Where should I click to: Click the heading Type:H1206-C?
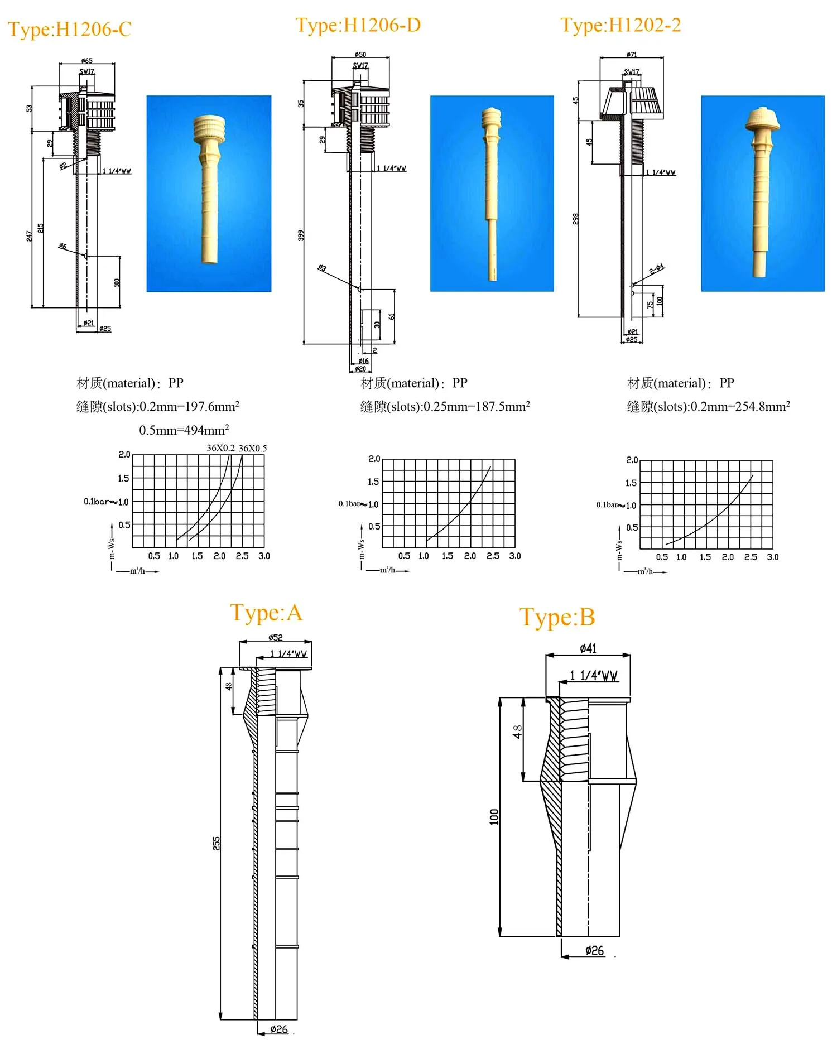69,29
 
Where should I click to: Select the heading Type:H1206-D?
358,25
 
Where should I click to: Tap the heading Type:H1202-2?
620,25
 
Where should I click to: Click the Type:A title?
266,613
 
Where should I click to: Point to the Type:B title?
557,617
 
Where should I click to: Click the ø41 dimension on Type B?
588,648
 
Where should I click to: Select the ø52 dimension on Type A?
275,637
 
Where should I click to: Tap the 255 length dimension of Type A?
217,843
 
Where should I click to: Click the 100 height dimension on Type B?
494,816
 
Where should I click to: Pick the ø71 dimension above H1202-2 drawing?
631,55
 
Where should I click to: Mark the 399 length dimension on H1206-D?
301,235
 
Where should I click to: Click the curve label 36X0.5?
253,448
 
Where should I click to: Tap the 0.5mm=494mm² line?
184,430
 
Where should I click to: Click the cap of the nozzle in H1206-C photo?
209,129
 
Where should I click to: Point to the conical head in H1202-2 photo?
762,119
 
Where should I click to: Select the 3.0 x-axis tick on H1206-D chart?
514,556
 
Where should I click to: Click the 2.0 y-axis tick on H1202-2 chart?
631,460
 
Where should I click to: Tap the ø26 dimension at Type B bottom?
594,950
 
